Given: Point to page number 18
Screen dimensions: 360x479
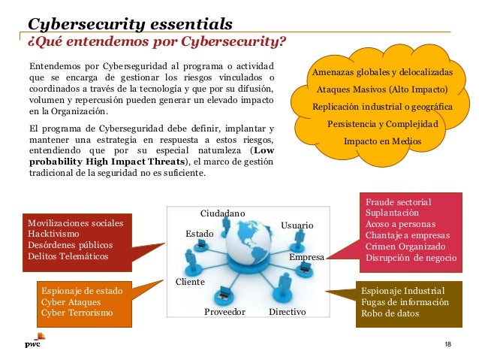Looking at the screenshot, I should (x=447, y=344).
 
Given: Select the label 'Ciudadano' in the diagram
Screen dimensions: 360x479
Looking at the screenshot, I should (x=223, y=213).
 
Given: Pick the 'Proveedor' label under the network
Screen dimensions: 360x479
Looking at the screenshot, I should (x=225, y=311).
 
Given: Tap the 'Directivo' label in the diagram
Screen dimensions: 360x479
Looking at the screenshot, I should (x=287, y=311).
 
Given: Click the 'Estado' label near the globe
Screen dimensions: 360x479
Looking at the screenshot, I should (x=200, y=234).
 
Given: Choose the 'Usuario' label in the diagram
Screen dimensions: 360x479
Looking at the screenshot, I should (x=297, y=225).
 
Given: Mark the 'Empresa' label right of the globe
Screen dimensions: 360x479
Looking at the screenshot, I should (x=306, y=258).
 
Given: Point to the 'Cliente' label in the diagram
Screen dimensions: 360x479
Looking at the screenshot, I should (x=190, y=282).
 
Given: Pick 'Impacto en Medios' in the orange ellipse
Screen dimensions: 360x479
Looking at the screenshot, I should (x=382, y=141).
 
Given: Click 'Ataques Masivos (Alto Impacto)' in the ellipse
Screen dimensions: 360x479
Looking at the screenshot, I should (x=382, y=89).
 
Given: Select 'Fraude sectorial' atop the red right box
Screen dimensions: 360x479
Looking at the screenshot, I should (x=399, y=203).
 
